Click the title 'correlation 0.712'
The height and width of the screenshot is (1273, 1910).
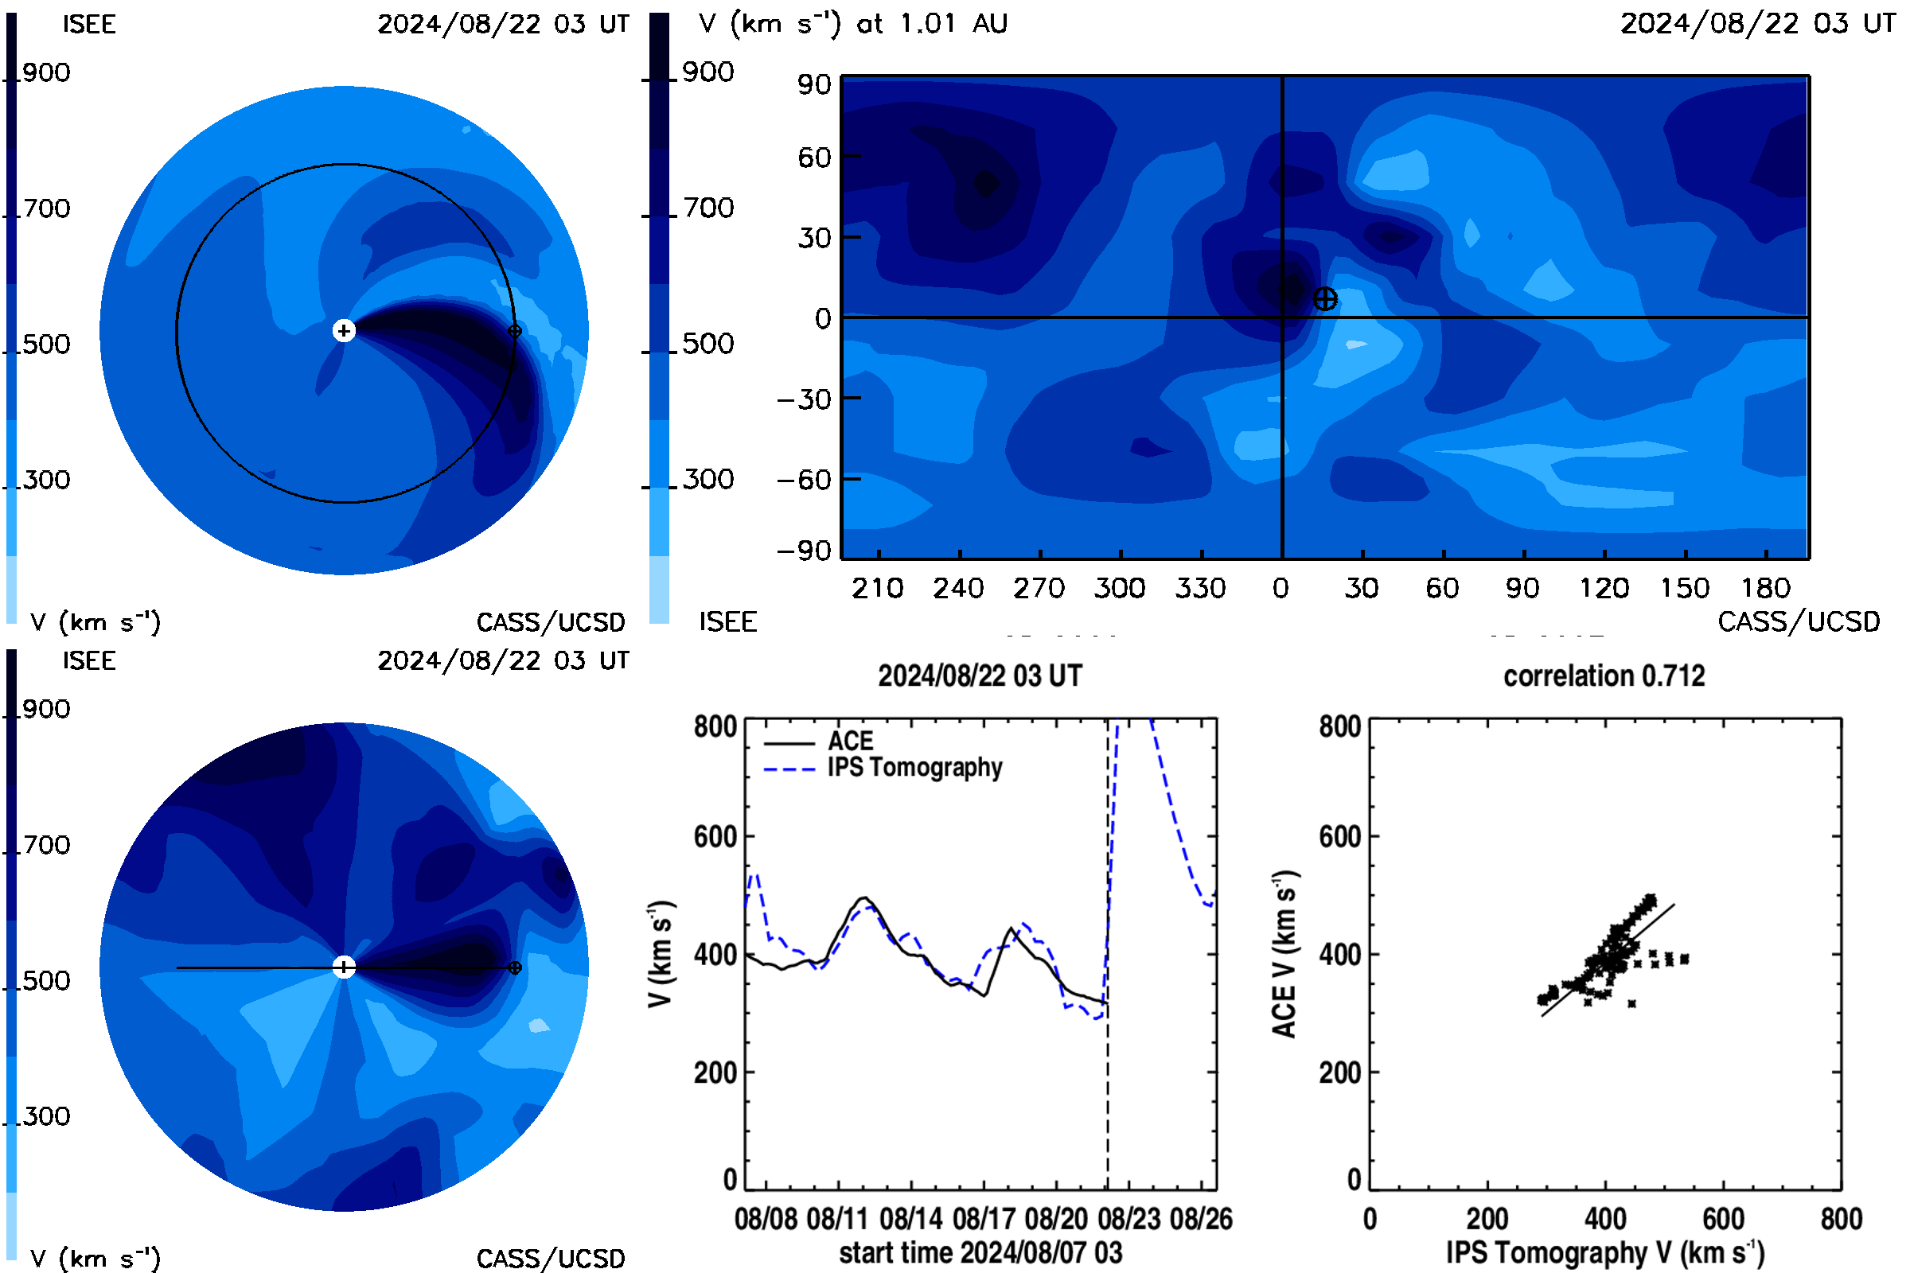pos(1604,675)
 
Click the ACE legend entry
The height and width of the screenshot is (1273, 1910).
pos(819,742)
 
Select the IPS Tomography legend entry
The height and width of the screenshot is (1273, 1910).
pos(883,767)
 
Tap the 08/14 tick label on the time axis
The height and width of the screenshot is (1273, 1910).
pos(910,1219)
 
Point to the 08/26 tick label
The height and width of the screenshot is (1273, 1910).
pos(1201,1219)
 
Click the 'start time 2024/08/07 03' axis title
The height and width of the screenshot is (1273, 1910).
pos(980,1252)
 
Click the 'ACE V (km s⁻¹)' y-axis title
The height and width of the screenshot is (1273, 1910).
pos(1285,954)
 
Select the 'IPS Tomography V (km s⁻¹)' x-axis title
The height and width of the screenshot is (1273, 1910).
pos(1604,1252)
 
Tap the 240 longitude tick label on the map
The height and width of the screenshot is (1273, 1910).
pos(958,588)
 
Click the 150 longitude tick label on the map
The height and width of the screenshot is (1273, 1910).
pos(1684,588)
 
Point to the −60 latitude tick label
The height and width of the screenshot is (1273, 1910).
pos(804,480)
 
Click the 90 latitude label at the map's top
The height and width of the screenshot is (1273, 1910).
pos(813,84)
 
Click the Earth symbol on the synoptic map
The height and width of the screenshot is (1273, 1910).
pos(1324,299)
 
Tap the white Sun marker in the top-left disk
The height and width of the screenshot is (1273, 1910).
pos(344,330)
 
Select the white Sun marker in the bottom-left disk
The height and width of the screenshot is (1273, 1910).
pos(344,967)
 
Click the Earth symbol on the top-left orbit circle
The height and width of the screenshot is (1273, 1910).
pos(514,330)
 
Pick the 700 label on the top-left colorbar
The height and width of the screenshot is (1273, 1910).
pos(46,208)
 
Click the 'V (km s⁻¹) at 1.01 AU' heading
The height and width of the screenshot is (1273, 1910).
pos(852,24)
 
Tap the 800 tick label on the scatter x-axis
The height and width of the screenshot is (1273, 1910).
pos(1841,1219)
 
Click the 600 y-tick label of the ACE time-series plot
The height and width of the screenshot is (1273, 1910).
pos(715,836)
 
